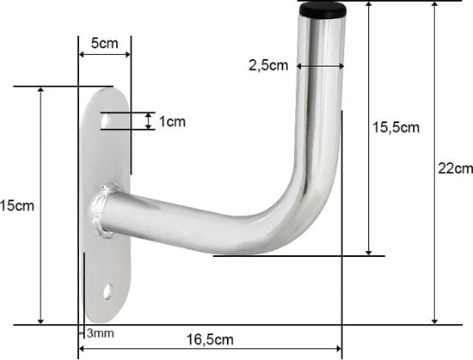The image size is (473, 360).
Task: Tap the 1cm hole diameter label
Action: (172, 121)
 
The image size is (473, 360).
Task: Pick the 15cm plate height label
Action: (17, 206)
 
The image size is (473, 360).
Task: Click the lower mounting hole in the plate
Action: (108, 292)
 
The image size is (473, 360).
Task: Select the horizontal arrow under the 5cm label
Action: (104, 55)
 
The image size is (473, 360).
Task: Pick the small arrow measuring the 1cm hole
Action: (150, 121)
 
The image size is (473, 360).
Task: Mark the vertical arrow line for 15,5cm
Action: (370, 129)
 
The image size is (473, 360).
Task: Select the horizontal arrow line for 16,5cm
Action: (210, 350)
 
